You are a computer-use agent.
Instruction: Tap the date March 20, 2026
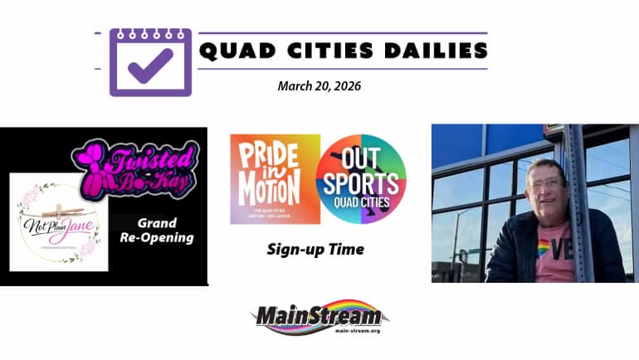319,85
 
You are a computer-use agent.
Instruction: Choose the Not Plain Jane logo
59,221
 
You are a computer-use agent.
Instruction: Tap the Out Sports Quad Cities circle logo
361,178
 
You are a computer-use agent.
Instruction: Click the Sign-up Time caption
315,248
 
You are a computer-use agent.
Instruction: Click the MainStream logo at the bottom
319,316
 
